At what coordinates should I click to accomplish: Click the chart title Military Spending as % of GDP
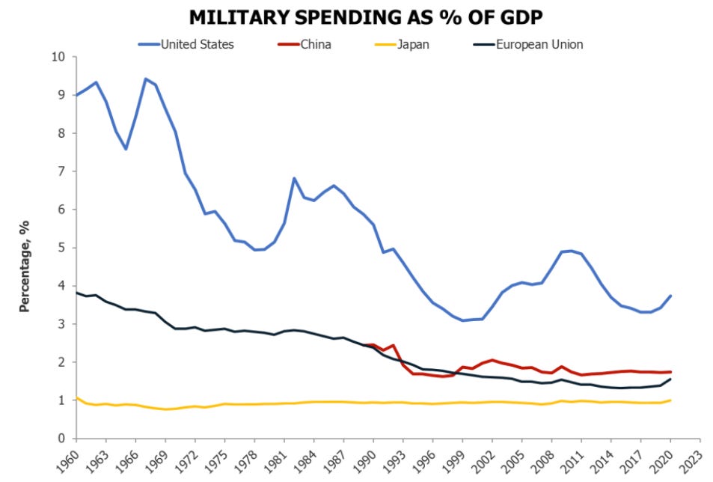356,17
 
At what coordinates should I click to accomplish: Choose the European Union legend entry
539,44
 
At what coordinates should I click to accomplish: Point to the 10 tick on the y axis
60,57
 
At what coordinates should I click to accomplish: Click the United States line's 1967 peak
145,79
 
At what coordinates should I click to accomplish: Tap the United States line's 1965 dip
126,149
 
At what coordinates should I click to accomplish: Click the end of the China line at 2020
670,372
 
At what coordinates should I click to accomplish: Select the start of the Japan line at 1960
77,397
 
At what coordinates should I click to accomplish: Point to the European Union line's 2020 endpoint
670,379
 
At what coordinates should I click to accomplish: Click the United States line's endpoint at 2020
670,296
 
